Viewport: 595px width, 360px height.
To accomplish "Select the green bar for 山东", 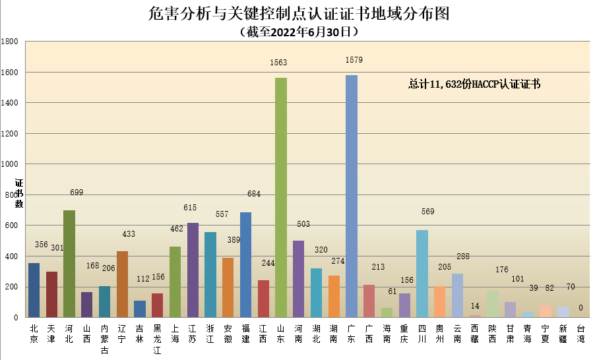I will [x=281, y=198].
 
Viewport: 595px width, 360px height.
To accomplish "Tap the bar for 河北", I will [x=69, y=264].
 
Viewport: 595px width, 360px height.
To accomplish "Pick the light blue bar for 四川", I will [x=422, y=274].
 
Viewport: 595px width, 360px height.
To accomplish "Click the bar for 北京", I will [x=34, y=290].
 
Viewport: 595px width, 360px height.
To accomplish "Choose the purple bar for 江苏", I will [x=193, y=270].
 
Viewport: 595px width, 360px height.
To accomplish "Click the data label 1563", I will [x=279, y=63].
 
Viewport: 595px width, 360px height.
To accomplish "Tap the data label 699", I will [x=77, y=193].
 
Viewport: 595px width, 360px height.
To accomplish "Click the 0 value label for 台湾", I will [x=580, y=308].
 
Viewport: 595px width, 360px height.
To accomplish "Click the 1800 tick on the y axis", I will [x=10, y=42].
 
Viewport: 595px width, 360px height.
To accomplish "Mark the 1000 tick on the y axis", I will [x=10, y=164].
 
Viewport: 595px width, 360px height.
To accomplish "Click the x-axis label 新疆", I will [x=563, y=333].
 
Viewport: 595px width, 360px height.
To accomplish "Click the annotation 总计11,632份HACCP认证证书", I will [x=474, y=84].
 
